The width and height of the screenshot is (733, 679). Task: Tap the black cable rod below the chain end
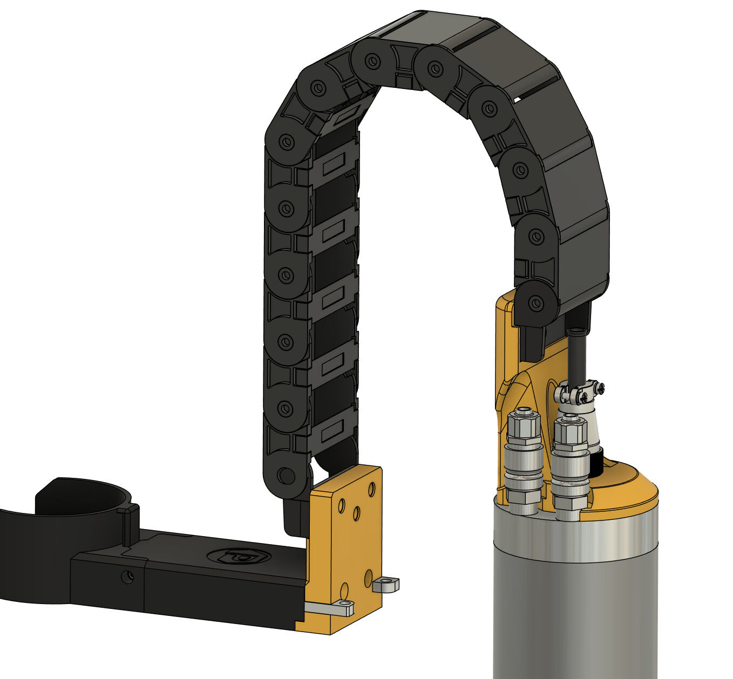[x=576, y=356]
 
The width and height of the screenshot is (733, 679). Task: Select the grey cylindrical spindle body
[x=575, y=604]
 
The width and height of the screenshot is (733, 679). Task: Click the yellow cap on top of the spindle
[x=626, y=488]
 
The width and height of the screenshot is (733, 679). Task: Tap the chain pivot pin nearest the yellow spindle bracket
[x=535, y=303]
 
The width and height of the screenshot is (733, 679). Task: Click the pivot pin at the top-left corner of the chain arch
[x=318, y=87]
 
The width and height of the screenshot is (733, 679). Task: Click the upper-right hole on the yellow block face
[x=371, y=490]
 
